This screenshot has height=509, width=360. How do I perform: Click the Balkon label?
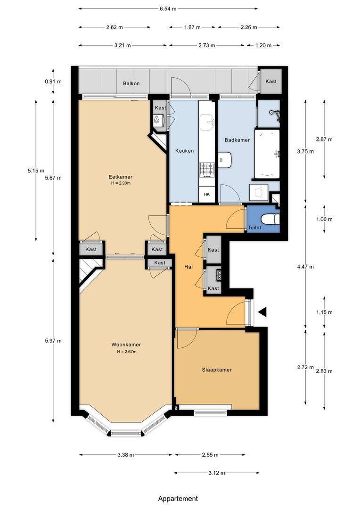[131, 83]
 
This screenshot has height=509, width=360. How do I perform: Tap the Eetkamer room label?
[121, 177]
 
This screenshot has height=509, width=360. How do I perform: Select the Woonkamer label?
[126, 345]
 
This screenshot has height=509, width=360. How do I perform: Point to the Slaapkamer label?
[217, 370]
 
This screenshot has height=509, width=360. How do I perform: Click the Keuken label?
[185, 151]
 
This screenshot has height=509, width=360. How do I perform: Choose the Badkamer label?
[237, 140]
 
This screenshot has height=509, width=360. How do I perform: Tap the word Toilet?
[254, 228]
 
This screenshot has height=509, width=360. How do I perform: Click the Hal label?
[188, 267]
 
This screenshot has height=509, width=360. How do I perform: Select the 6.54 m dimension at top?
[168, 9]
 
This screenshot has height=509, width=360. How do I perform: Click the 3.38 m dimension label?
[126, 455]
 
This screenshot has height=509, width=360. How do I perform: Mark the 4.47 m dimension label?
[305, 267]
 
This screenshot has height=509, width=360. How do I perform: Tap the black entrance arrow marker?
[262, 312]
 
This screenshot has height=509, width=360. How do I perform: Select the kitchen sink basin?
[207, 122]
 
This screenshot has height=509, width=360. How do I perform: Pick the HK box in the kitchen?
[207, 195]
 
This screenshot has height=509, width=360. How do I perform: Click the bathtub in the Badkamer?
[267, 154]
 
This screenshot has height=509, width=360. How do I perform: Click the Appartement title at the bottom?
[178, 499]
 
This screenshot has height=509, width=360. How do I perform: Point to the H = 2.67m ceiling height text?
[127, 352]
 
